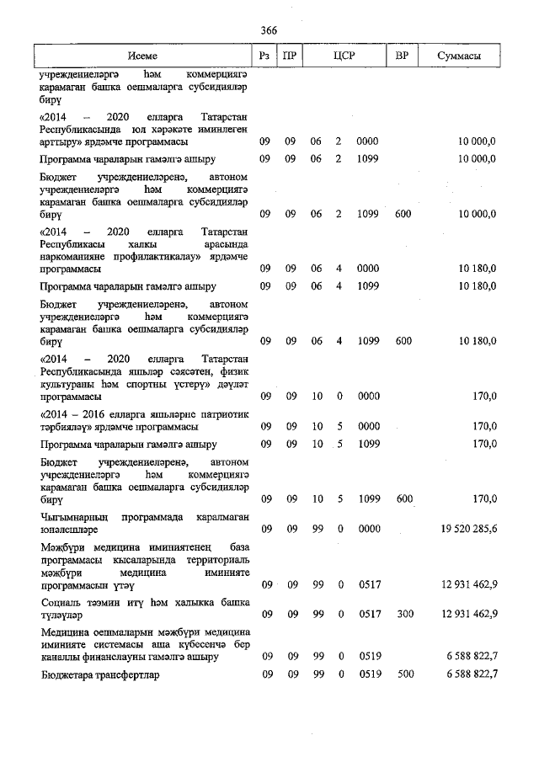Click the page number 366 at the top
[269, 30]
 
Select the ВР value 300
[403, 614]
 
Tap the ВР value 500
[403, 675]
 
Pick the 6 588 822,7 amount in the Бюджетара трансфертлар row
[468, 675]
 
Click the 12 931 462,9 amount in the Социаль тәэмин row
[468, 614]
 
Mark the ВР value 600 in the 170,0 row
[403, 499]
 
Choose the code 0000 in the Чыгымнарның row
[368, 530]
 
